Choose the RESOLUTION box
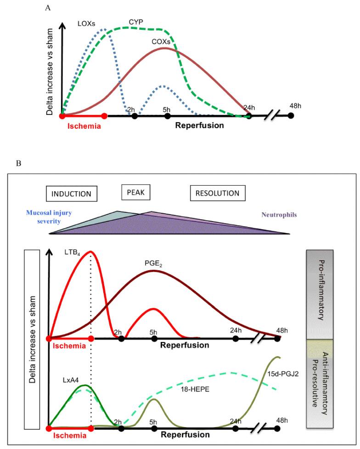click(x=217, y=193)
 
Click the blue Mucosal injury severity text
click(x=47, y=217)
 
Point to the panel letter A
click(x=47, y=8)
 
